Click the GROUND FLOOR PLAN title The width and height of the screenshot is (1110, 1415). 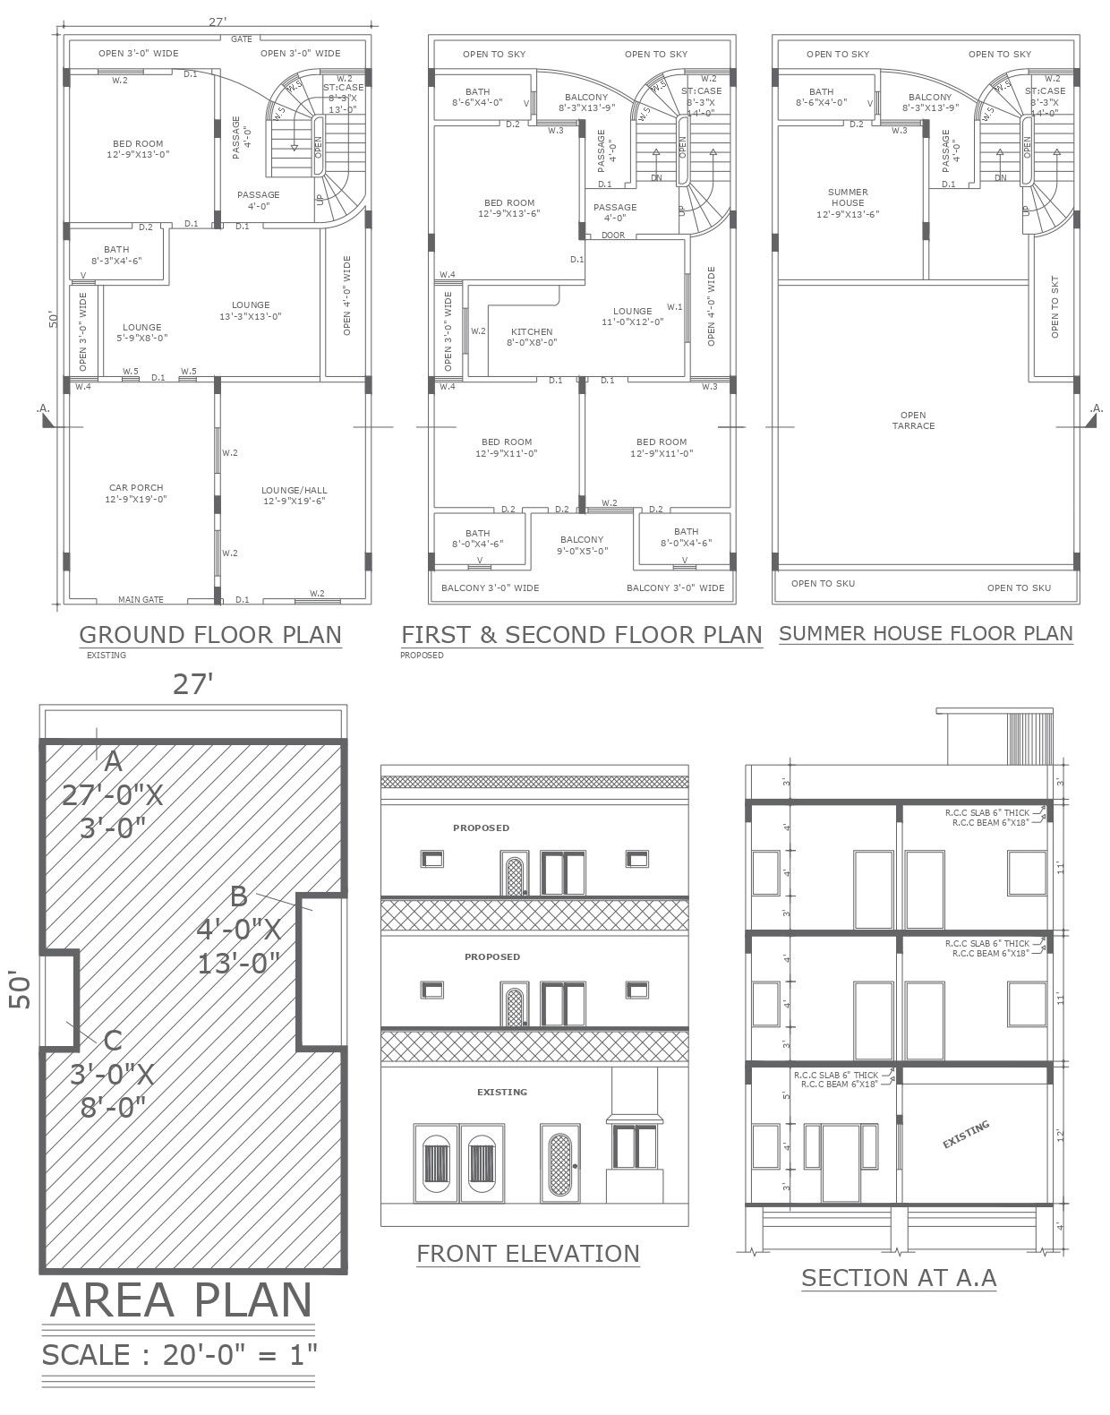tap(210, 634)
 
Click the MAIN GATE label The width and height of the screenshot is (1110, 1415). tap(141, 600)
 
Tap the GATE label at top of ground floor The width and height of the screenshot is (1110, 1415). tap(242, 39)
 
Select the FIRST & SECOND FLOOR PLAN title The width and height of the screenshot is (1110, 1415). tap(581, 635)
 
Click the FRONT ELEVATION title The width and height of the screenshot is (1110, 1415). tap(528, 1253)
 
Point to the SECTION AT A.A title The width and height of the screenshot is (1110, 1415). tap(899, 1277)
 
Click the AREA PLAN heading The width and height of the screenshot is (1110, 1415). tap(182, 1300)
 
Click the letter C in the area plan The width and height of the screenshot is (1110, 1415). tap(113, 1040)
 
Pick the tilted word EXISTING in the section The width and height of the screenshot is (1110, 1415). tap(966, 1134)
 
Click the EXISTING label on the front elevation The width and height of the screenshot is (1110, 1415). tap(501, 1092)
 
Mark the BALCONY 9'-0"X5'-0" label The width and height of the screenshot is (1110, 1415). tap(582, 545)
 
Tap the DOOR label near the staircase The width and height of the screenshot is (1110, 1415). tap(613, 235)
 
